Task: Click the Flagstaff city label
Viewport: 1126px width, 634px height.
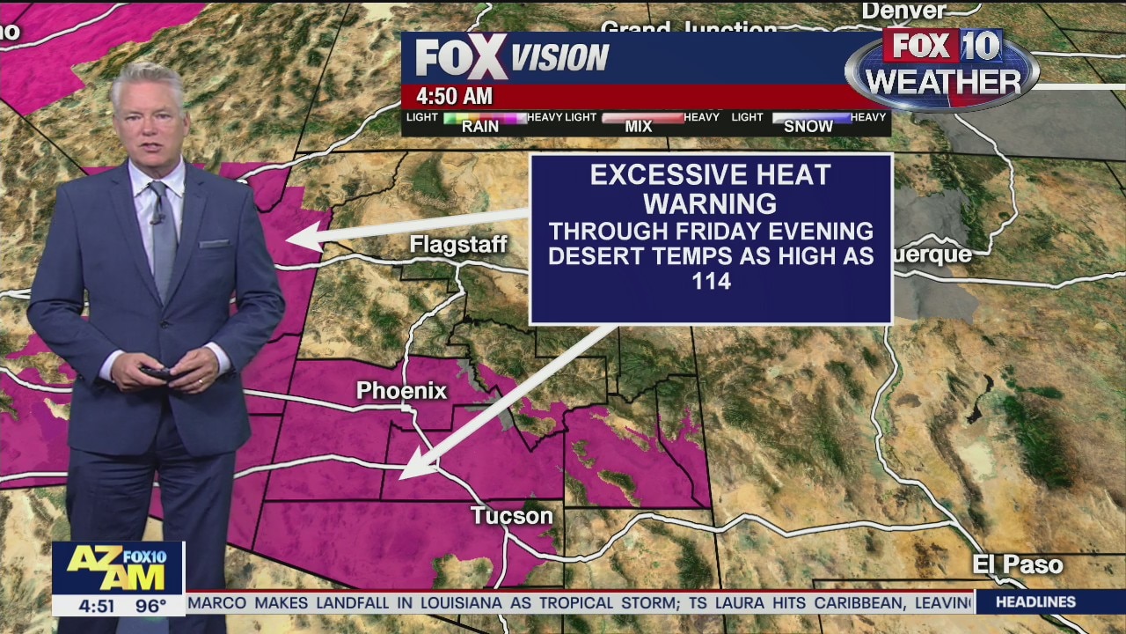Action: pos(458,245)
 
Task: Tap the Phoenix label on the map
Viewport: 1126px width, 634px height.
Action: pos(401,391)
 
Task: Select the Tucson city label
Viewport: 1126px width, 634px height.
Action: pos(511,516)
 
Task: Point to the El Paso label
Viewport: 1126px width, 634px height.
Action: pos(1017,564)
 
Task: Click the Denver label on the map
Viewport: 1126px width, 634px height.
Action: pos(903,11)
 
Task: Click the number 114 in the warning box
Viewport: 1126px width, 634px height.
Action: pos(711,282)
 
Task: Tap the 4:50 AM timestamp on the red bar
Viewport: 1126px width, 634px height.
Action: pos(454,96)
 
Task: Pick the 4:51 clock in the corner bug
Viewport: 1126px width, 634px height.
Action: pos(96,606)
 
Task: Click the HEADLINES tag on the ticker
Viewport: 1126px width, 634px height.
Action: pos(1037,602)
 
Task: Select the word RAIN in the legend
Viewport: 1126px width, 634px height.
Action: pos(480,127)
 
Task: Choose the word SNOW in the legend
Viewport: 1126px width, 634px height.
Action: pos(808,127)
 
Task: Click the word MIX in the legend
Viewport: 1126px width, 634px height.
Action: pos(639,127)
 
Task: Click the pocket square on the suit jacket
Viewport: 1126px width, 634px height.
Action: pos(215,244)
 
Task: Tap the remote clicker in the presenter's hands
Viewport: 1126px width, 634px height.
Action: pos(158,373)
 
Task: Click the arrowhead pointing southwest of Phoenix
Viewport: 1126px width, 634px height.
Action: pos(407,473)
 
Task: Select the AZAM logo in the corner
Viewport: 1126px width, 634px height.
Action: pos(117,569)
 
